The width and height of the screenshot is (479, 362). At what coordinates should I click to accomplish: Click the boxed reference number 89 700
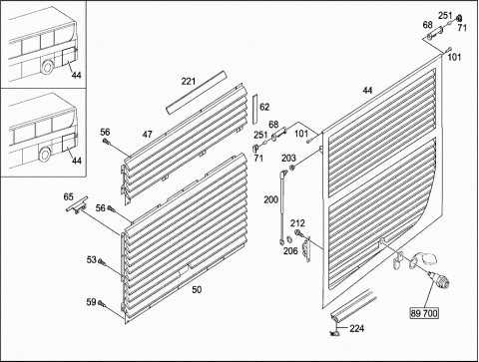[424, 313]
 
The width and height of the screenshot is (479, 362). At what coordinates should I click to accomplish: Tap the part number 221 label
[189, 81]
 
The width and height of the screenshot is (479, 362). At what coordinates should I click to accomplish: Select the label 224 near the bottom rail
[357, 328]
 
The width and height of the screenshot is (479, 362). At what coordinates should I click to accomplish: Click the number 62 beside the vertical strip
[264, 107]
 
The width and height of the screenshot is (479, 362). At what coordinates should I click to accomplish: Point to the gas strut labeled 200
[282, 205]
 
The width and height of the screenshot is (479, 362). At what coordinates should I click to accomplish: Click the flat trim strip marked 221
[196, 93]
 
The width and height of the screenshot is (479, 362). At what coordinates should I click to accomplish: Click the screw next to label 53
[102, 262]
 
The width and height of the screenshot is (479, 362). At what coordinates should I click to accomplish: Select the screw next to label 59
[102, 304]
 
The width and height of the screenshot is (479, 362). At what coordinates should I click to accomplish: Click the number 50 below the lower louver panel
[197, 290]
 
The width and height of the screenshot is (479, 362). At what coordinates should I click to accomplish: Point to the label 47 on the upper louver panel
[148, 135]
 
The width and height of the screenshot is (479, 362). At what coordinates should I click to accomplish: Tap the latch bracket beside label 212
[307, 249]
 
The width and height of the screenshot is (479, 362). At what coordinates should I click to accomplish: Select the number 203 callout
[288, 159]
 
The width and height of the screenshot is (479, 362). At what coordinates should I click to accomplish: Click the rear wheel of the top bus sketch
[47, 67]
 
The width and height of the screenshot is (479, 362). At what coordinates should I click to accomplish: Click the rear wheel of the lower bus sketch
[44, 155]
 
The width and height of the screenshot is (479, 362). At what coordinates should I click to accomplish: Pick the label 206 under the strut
[290, 250]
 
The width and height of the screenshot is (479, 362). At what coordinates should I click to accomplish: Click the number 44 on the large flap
[367, 90]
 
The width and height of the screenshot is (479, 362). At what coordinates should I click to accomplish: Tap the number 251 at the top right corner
[445, 16]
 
